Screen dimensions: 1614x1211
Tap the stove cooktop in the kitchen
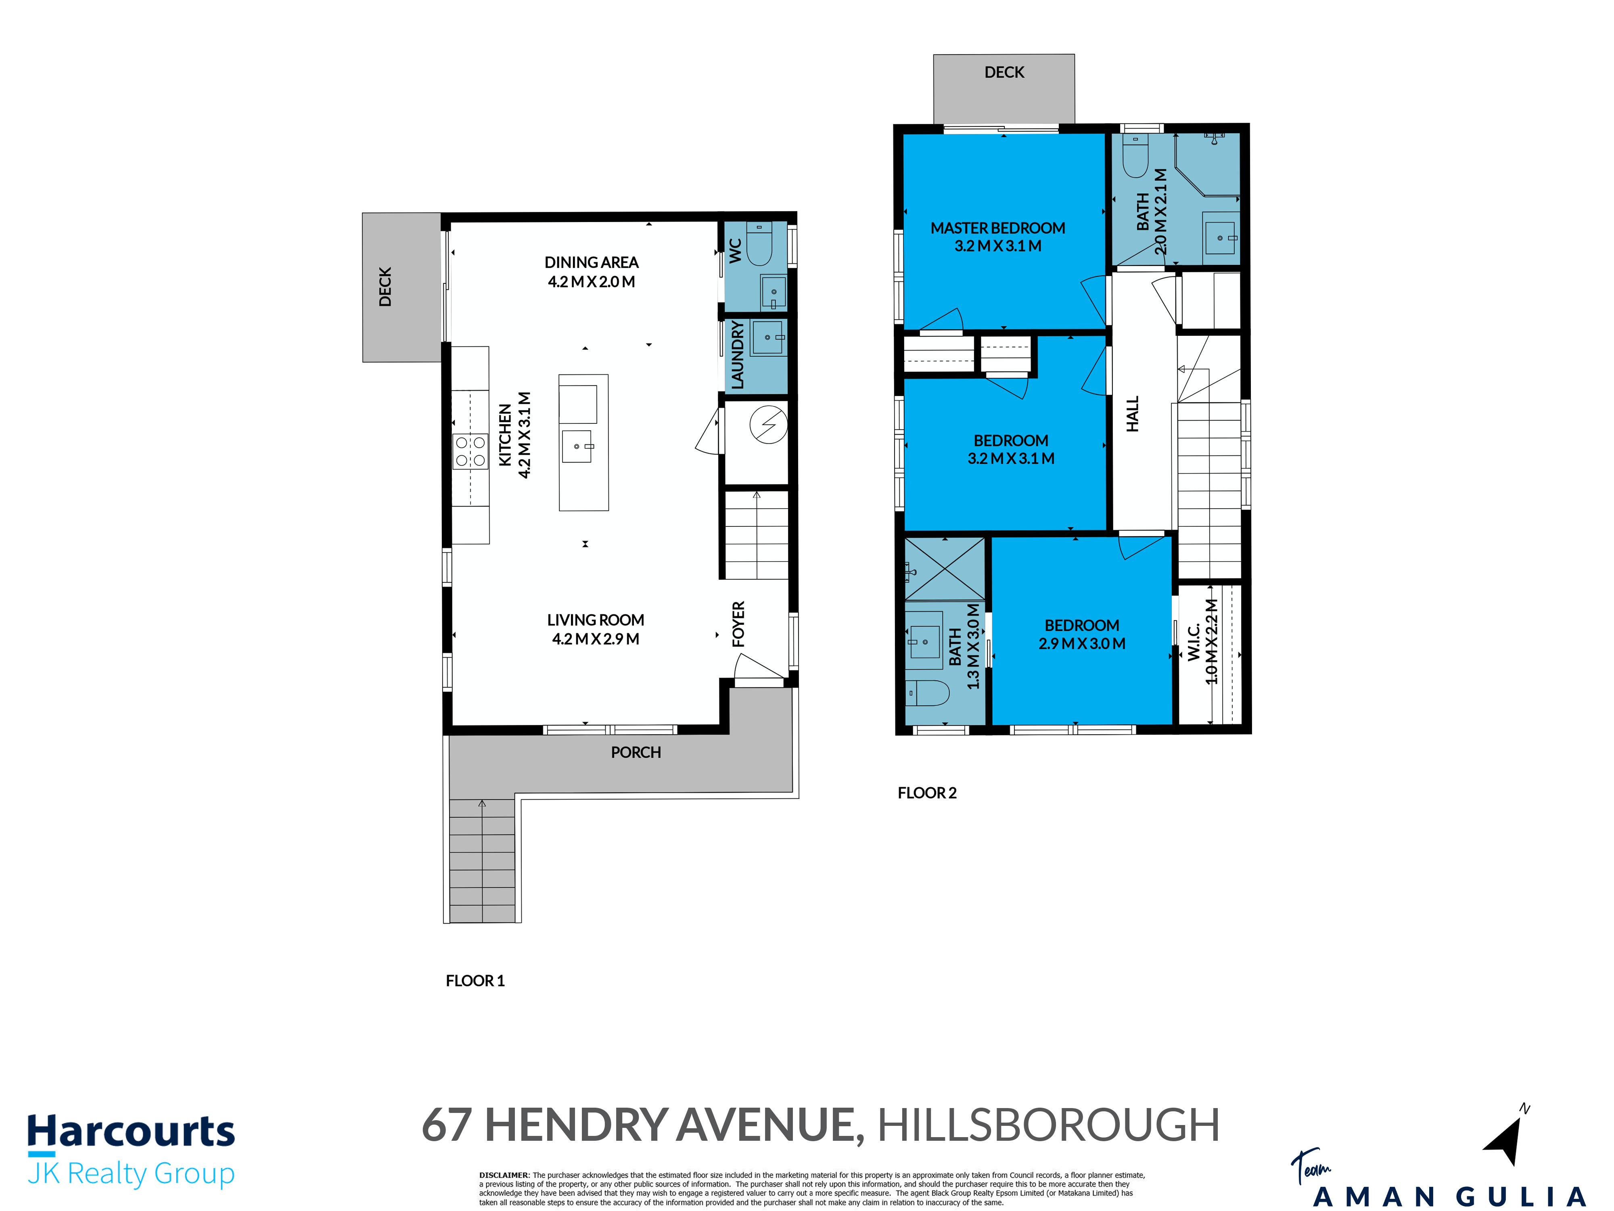point(470,451)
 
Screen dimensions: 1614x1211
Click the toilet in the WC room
point(759,245)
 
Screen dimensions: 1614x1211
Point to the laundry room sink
point(769,337)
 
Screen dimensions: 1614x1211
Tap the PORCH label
point(636,752)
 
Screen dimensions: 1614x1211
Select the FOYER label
point(738,624)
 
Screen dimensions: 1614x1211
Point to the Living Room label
point(596,620)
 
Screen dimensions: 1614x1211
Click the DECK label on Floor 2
point(1004,72)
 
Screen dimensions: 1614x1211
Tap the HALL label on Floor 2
point(1133,414)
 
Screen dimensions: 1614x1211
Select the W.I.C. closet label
point(1194,642)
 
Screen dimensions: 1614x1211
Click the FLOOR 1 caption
point(475,981)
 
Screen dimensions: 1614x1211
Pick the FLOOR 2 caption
point(927,793)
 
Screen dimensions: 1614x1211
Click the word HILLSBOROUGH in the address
point(1048,1125)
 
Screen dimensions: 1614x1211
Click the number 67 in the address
point(447,1125)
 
